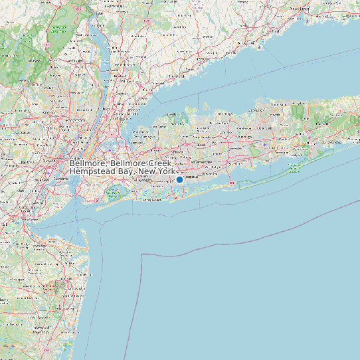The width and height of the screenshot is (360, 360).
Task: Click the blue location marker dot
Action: point(179,179)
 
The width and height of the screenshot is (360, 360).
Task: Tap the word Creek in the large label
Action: point(161,163)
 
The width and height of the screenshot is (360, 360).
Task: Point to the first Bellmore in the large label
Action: point(88,163)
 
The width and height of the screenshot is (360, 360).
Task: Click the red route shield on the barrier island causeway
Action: point(230,183)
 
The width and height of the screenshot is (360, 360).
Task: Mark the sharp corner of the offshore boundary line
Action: point(143,254)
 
